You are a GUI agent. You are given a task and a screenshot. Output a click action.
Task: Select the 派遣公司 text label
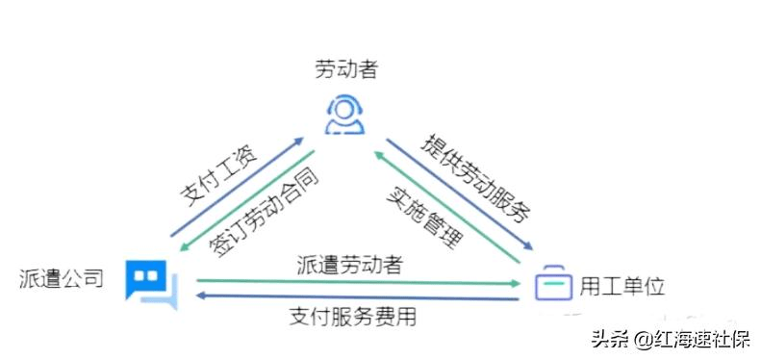pyautogui.click(x=61, y=279)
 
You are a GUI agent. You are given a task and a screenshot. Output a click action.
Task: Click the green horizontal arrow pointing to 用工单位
pyautogui.click(x=356, y=283)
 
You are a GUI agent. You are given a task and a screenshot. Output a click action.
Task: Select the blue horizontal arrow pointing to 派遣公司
pyautogui.click(x=356, y=298)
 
